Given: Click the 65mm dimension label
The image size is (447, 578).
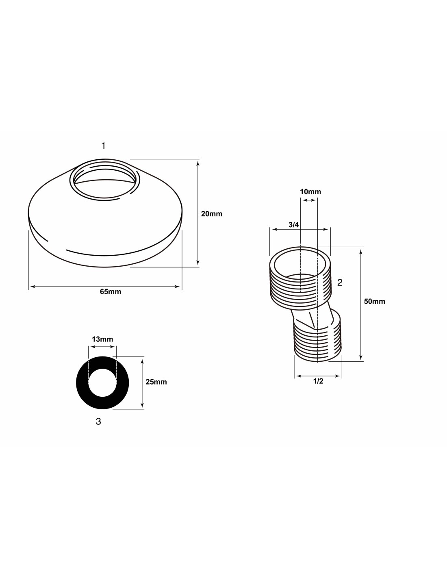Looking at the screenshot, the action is pyautogui.click(x=111, y=292).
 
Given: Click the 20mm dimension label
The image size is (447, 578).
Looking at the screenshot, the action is pyautogui.click(x=211, y=214).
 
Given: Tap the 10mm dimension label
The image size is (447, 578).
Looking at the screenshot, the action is pyautogui.click(x=310, y=191).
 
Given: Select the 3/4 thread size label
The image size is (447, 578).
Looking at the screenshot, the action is pyautogui.click(x=293, y=225).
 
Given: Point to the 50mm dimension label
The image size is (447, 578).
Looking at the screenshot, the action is pyautogui.click(x=374, y=301).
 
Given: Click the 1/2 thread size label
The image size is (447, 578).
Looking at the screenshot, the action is pyautogui.click(x=318, y=381).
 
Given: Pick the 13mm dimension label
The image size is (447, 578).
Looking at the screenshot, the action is pyautogui.click(x=102, y=339).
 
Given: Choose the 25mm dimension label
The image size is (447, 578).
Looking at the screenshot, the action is pyautogui.click(x=156, y=382).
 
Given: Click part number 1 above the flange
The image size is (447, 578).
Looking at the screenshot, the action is pyautogui.click(x=104, y=146).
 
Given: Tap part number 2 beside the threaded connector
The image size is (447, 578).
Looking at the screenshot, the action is pyautogui.click(x=340, y=282).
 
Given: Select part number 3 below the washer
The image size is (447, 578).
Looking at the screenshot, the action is pyautogui.click(x=98, y=422).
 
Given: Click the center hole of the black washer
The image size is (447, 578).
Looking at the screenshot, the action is pyautogui.click(x=102, y=382).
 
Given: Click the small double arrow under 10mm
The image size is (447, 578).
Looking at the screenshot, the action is pyautogui.click(x=309, y=200).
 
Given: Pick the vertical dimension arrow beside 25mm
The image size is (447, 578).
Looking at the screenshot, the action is pyautogui.click(x=143, y=383).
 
